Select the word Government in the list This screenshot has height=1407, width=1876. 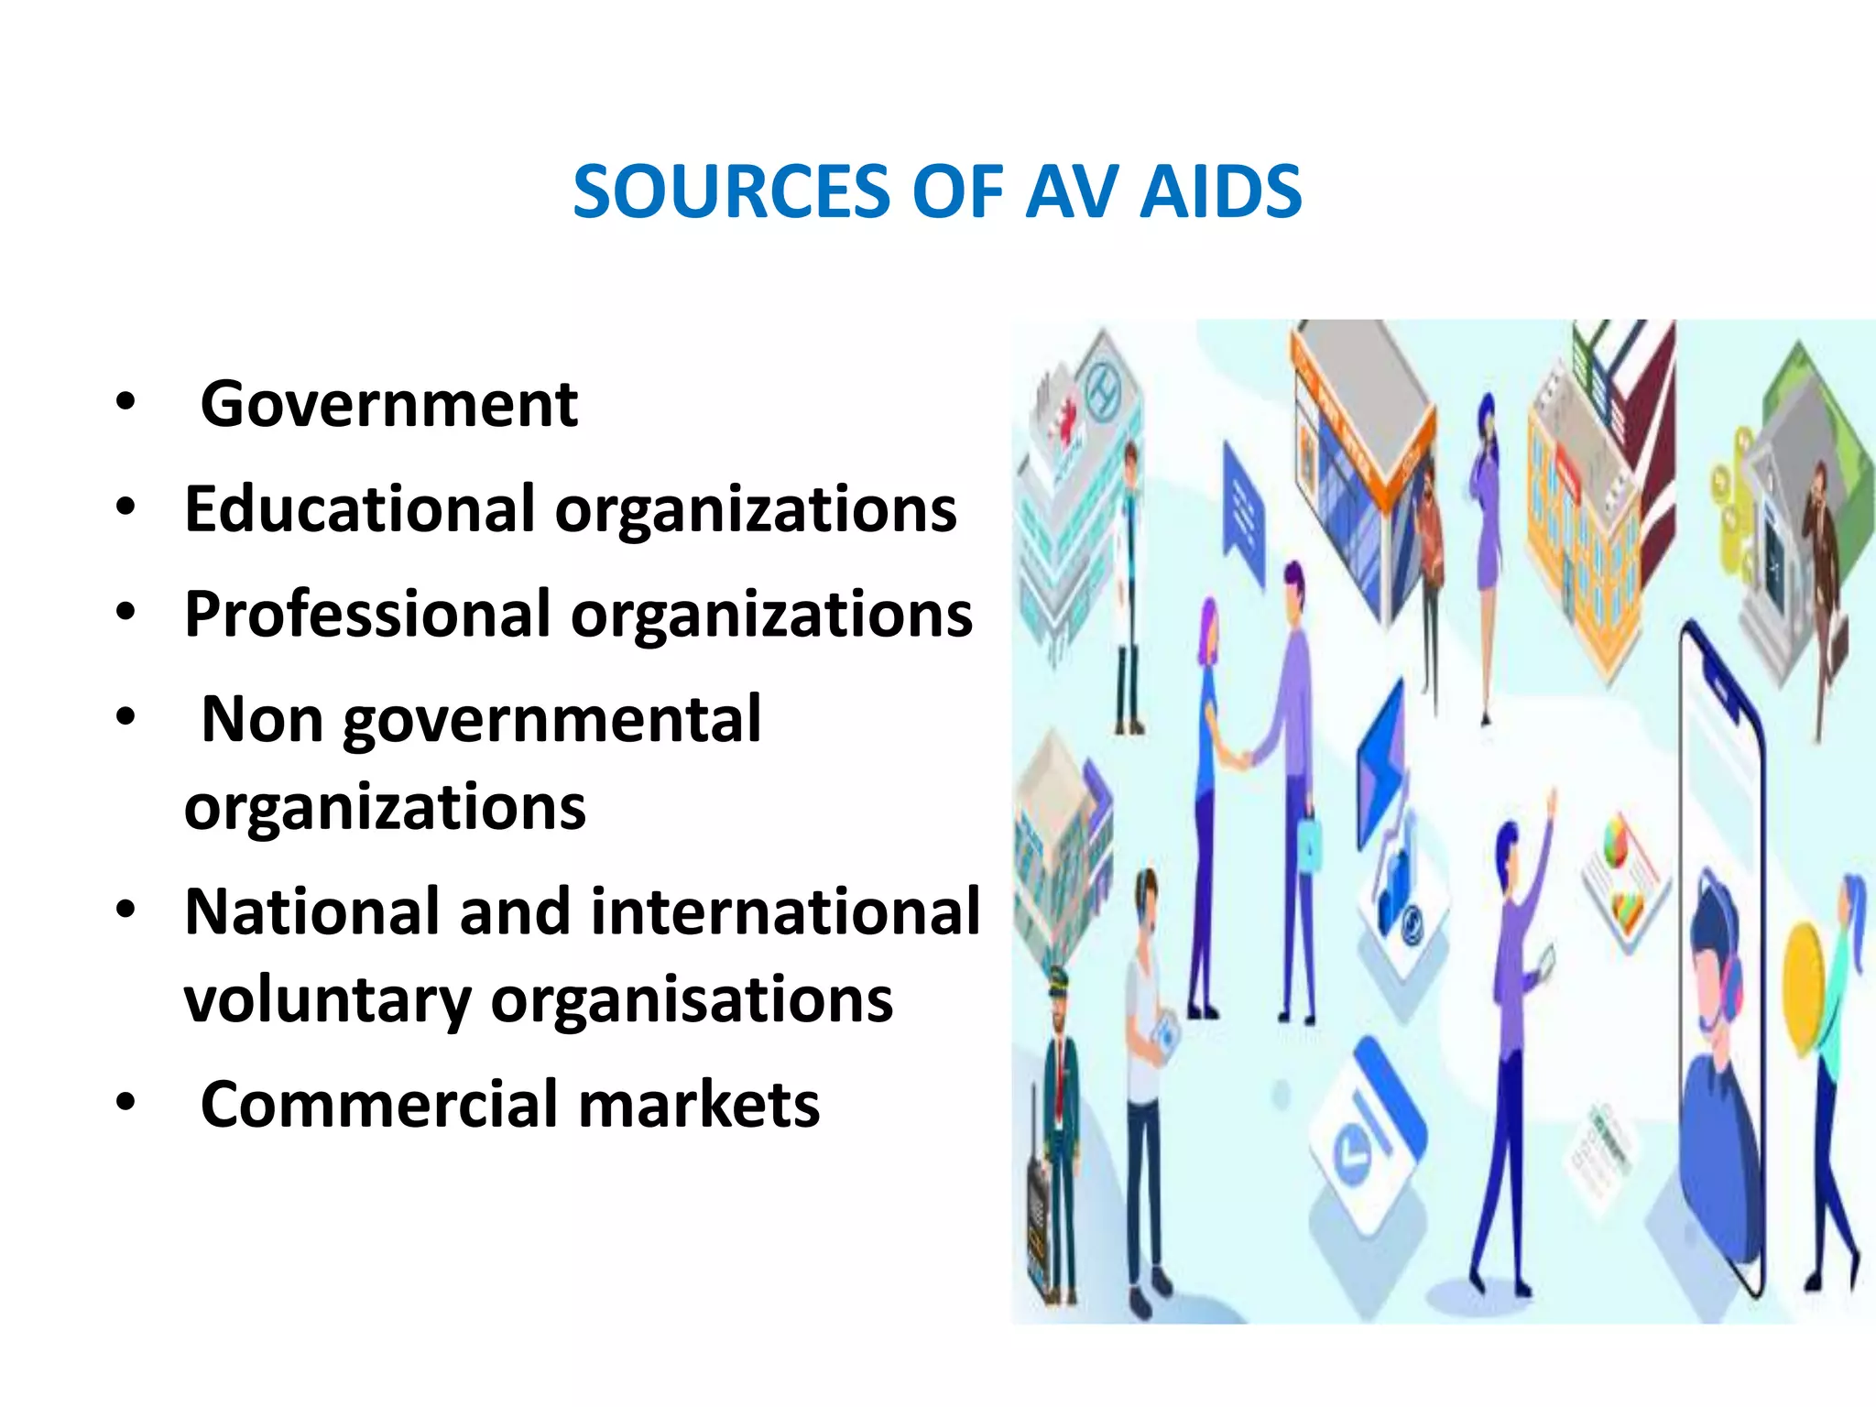tap(389, 404)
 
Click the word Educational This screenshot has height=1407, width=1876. tap(359, 508)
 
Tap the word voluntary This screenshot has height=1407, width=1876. tap(327, 999)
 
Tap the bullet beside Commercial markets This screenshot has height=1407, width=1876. tap(125, 1102)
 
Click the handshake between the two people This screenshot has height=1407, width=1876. tap(1238, 758)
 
